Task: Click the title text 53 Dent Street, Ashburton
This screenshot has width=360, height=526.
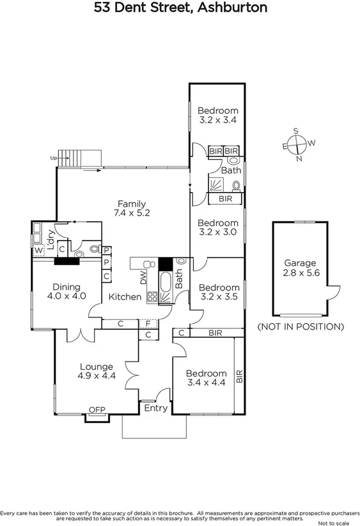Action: coord(180,8)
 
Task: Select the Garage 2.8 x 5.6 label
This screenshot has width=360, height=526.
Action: coord(300,267)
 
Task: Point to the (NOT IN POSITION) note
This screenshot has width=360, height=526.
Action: coord(300,326)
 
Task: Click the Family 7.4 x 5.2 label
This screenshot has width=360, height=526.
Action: coord(130,209)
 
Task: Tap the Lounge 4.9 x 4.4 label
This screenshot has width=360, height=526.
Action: coord(97,371)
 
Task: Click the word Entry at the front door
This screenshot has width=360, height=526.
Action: coord(156,408)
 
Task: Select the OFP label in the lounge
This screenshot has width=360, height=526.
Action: coord(97,410)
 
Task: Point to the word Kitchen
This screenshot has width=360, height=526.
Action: coord(125,297)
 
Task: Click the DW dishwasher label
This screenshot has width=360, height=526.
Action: coord(143,276)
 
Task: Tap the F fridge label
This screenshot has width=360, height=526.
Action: coord(148,324)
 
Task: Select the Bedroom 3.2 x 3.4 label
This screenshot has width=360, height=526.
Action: coord(217,115)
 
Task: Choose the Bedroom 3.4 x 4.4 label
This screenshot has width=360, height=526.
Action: coord(206,378)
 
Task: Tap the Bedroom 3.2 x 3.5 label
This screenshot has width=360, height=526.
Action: coord(219,292)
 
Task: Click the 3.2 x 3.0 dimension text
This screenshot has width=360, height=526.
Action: coord(217,232)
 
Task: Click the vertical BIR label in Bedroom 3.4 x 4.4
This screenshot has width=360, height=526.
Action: coord(240,376)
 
